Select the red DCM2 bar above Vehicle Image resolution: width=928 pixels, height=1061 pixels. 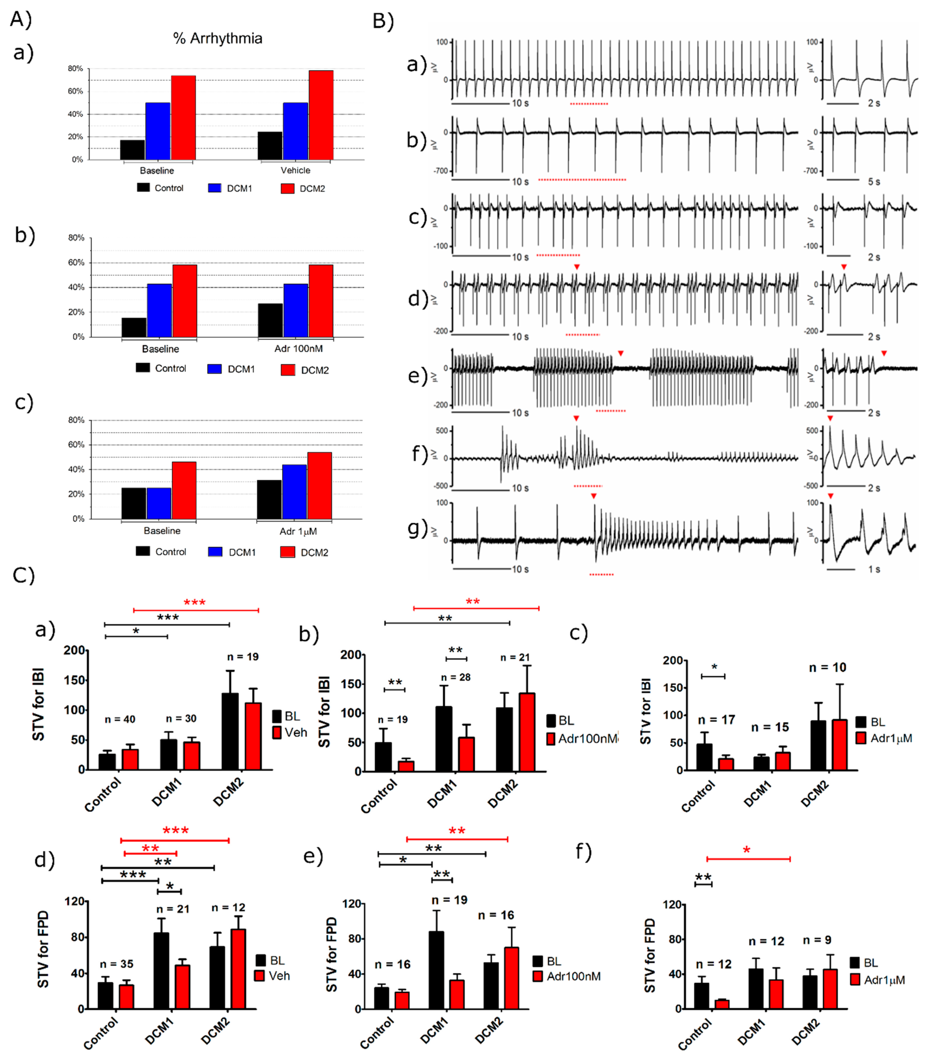pyautogui.click(x=321, y=115)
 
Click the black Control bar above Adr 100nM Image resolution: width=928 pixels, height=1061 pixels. pyautogui.click(x=270, y=320)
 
